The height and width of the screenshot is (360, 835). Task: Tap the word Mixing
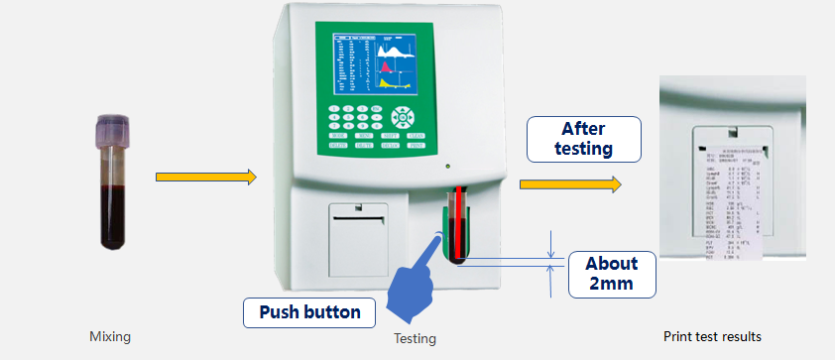110,337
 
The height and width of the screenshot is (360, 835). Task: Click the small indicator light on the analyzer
449,166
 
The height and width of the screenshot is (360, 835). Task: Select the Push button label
309,313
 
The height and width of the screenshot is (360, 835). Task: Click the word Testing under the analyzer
415,338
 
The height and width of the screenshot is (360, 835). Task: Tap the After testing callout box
584,139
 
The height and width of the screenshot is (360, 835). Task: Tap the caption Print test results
711,336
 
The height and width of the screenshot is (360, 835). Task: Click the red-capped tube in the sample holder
458,223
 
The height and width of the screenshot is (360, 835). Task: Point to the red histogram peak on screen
385,65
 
